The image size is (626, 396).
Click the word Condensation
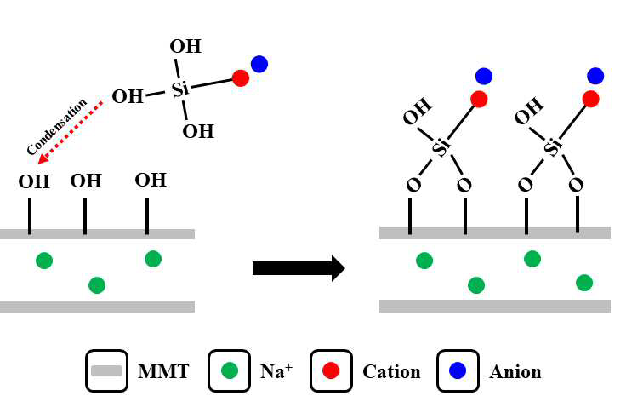[57, 127]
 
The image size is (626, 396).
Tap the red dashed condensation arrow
[70, 133]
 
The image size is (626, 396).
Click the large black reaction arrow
[299, 267]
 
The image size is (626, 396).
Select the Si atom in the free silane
[180, 89]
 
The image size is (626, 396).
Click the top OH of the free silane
[185, 46]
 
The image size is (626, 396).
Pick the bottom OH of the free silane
[198, 131]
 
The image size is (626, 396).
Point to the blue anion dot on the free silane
[259, 64]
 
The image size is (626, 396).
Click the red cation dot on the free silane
[241, 77]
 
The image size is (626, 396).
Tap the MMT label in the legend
[163, 371]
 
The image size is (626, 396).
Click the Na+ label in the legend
[276, 370]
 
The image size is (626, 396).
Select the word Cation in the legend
[391, 371]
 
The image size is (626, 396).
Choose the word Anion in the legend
[515, 371]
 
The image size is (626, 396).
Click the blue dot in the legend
[458, 370]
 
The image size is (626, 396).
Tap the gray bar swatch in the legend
[106, 370]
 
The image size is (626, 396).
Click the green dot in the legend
[230, 370]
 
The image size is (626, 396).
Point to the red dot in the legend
[331, 370]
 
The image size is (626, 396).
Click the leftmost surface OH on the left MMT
[34, 181]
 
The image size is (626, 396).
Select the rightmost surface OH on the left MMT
[151, 181]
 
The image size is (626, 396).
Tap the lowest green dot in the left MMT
[97, 285]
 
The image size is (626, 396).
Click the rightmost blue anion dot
[595, 76]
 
